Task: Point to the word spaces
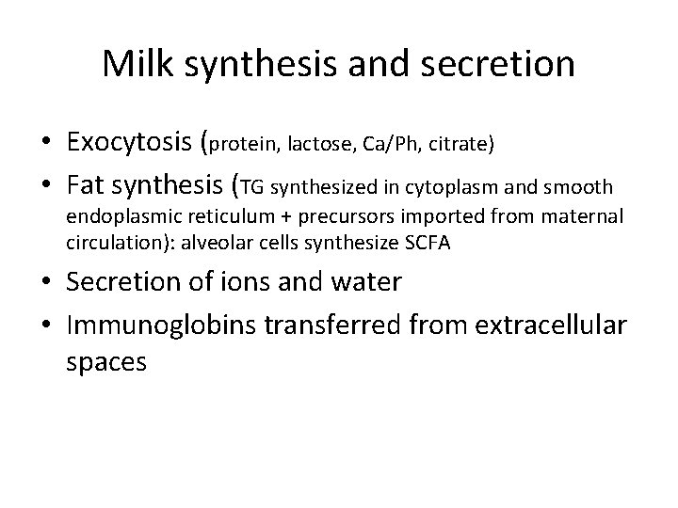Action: [105, 363]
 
